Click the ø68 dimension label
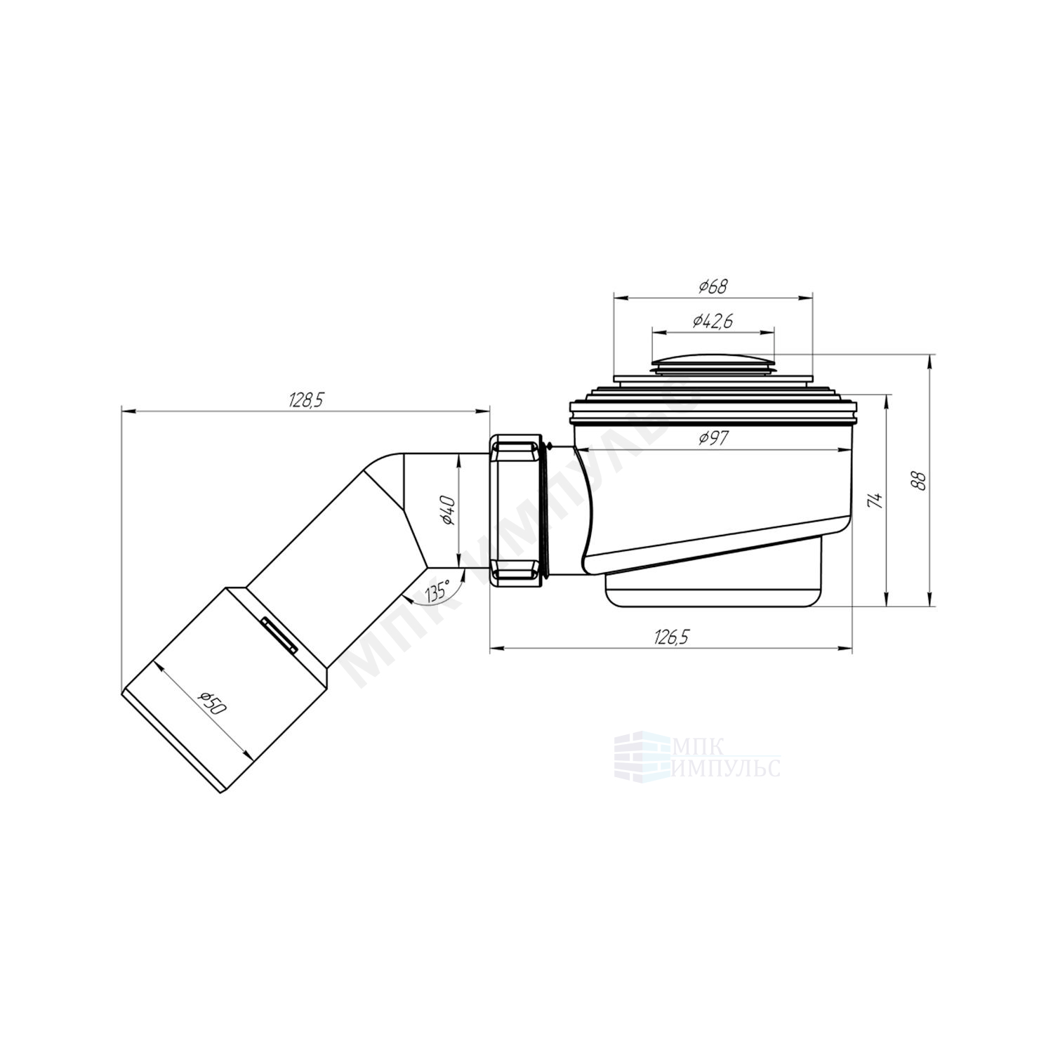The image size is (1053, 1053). tap(713, 286)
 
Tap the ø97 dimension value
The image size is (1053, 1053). tap(713, 439)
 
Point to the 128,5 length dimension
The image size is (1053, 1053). tap(305, 400)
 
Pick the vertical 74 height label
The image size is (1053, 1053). tap(874, 500)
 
